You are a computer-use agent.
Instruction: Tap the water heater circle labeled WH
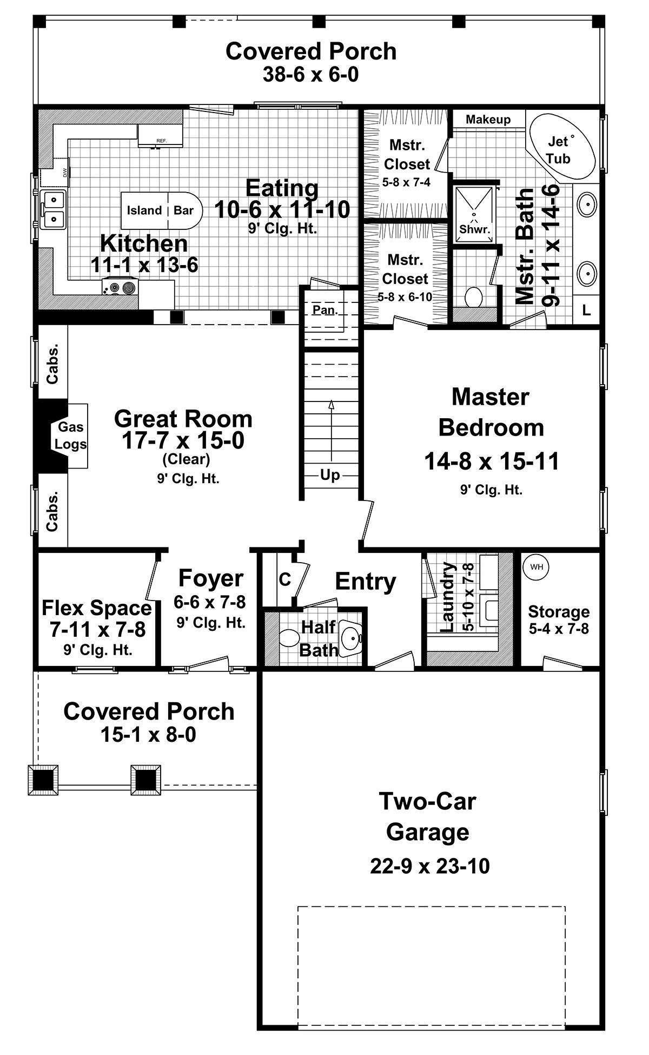pos(536,567)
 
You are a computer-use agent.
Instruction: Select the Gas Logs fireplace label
pos(71,436)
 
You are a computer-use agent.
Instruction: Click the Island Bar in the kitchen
pos(161,210)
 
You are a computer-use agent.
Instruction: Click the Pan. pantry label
pos(325,310)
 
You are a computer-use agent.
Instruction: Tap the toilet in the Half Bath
pos(290,639)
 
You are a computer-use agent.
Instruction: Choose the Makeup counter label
pos(488,120)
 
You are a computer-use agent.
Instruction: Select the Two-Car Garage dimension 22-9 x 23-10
pos(430,866)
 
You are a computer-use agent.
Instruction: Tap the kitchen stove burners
pos(120,287)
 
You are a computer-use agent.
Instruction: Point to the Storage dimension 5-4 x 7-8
pos(559,629)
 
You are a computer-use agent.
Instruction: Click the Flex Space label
pos(97,608)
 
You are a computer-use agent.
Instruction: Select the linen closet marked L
pos(586,311)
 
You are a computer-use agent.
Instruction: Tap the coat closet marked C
pos(285,579)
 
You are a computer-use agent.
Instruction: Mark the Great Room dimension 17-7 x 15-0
pos(183,441)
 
